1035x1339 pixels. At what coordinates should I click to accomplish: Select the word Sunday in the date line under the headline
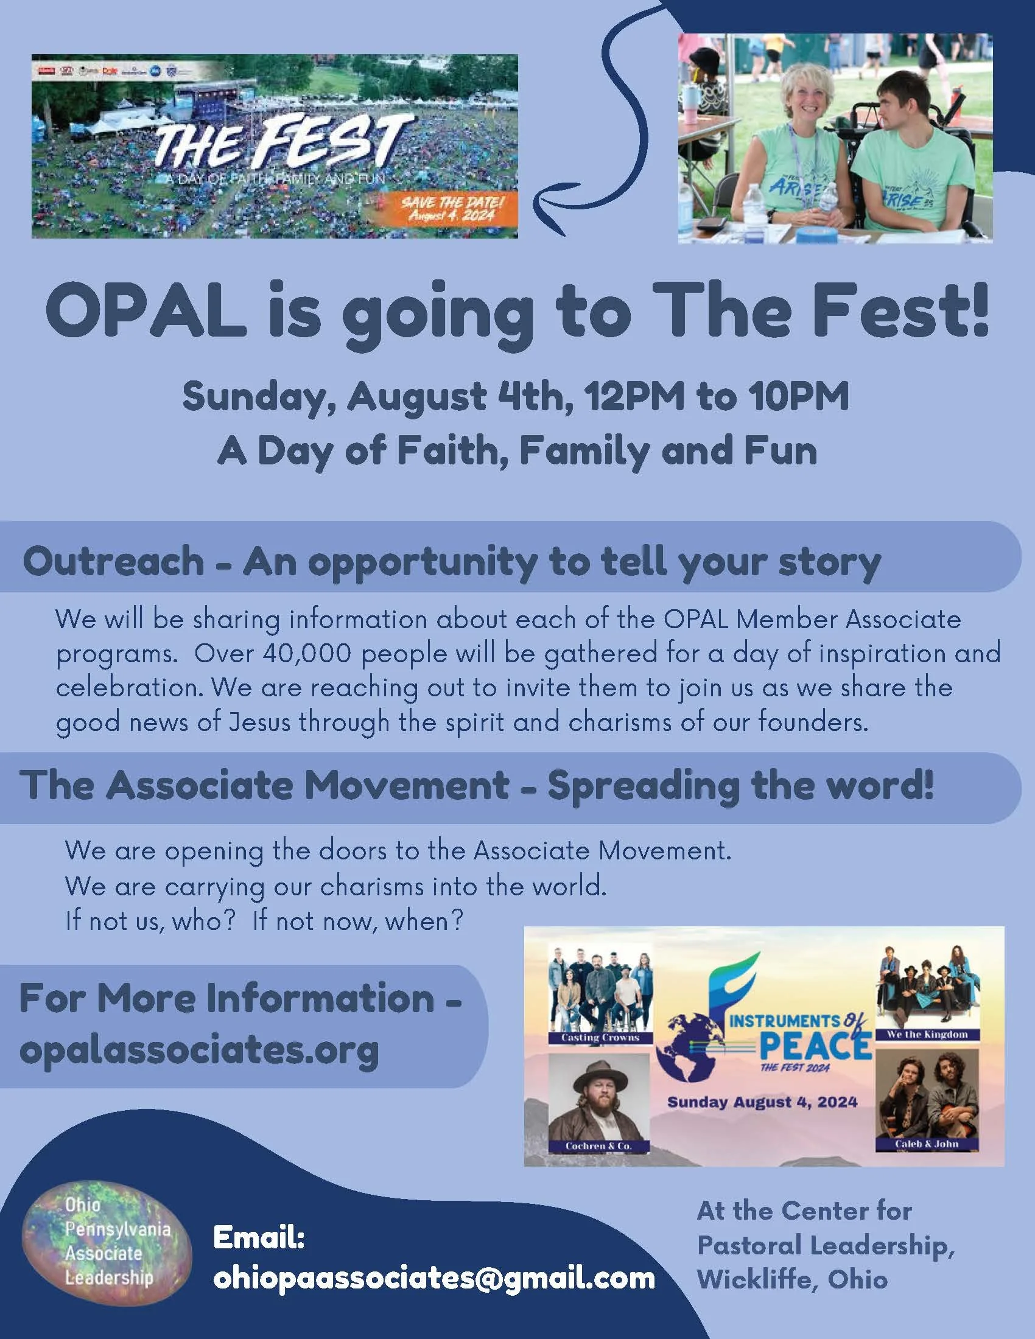tap(258, 397)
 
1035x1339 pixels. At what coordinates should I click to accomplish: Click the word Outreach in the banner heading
tap(113, 561)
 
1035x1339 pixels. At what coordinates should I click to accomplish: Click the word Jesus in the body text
tap(259, 722)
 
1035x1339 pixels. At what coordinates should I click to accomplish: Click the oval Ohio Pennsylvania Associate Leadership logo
tap(107, 1245)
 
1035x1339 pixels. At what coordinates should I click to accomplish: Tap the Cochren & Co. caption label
tap(598, 1145)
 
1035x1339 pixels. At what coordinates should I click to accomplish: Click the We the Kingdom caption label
tap(927, 1034)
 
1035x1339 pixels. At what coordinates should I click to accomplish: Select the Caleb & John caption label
tap(926, 1144)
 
